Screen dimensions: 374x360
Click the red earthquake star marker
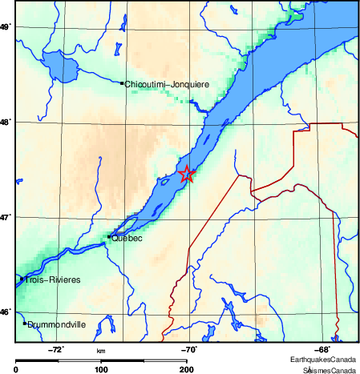coord(187,174)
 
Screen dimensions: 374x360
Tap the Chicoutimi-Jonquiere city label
coord(166,83)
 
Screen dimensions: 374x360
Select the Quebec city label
coord(127,238)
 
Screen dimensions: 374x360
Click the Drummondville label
coord(57,326)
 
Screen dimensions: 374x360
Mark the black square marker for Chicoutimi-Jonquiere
coord(122,83)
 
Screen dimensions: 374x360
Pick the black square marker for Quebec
coord(109,237)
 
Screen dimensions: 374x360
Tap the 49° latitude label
coord(5,27)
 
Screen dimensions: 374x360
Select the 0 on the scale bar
coord(17,369)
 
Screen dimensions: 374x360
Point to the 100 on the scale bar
coord(101,369)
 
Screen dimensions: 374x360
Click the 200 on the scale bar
coord(186,369)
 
